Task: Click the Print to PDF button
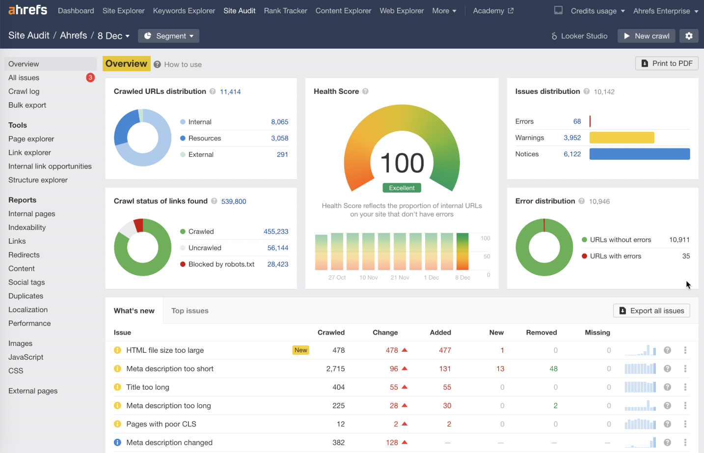[667, 63]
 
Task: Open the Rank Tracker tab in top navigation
[285, 11]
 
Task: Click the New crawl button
[646, 36]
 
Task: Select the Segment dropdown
[168, 36]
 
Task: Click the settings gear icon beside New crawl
[689, 36]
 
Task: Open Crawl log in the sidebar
[24, 91]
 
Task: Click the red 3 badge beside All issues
[90, 78]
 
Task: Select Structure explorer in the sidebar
[38, 180]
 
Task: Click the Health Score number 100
[402, 163]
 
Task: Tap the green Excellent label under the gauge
[402, 188]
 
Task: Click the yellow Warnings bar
[622, 138]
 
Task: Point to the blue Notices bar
[639, 154]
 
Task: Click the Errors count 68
[577, 121]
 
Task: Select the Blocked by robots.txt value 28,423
[277, 264]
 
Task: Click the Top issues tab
[190, 311]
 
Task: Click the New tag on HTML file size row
[301, 350]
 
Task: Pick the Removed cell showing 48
[553, 368]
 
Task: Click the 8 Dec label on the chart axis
[462, 278]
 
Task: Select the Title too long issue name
[148, 387]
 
